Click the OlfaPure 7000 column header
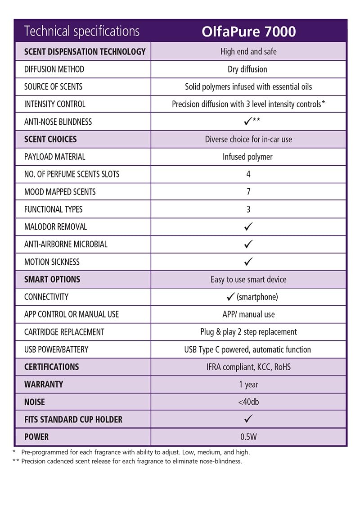click(x=248, y=32)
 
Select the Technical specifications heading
click(x=82, y=32)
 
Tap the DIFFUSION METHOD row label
click(x=54, y=69)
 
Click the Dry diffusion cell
click(x=247, y=69)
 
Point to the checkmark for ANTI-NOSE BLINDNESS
click(x=247, y=122)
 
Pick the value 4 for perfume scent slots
click(x=248, y=174)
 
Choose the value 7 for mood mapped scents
click(x=248, y=192)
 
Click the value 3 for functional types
click(x=248, y=209)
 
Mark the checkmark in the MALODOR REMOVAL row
click(x=248, y=226)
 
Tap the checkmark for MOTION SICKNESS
click(x=248, y=262)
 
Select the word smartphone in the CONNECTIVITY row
click(x=257, y=297)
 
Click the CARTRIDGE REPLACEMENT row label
click(x=64, y=332)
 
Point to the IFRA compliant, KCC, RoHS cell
click(x=248, y=367)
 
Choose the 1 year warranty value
click(x=248, y=385)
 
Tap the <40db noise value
click(x=248, y=402)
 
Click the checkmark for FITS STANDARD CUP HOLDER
click(x=248, y=419)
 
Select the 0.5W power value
click(x=248, y=437)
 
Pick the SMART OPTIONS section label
click(x=52, y=279)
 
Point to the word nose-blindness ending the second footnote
click(x=220, y=462)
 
